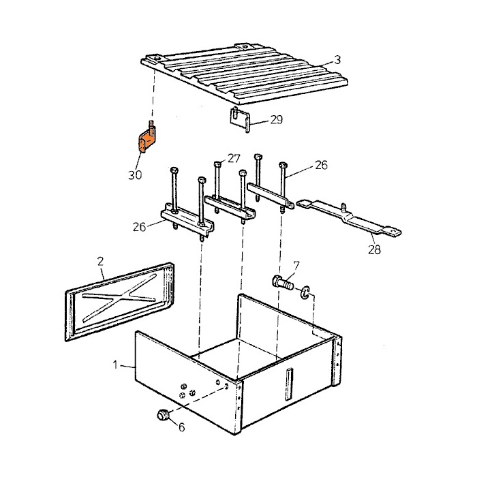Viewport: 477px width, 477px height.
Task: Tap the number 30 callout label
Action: (x=136, y=175)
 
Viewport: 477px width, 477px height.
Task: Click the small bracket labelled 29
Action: (x=238, y=120)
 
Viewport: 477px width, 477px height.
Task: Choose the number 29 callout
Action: (x=276, y=120)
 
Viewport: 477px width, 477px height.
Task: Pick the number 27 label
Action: (x=234, y=158)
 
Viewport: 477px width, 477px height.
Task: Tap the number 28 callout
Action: (x=373, y=249)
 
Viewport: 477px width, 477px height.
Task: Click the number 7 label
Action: (x=295, y=264)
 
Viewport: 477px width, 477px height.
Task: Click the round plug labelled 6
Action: (x=163, y=414)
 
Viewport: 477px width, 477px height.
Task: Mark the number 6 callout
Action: (x=181, y=427)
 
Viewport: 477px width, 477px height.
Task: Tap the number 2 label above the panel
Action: (x=101, y=260)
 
